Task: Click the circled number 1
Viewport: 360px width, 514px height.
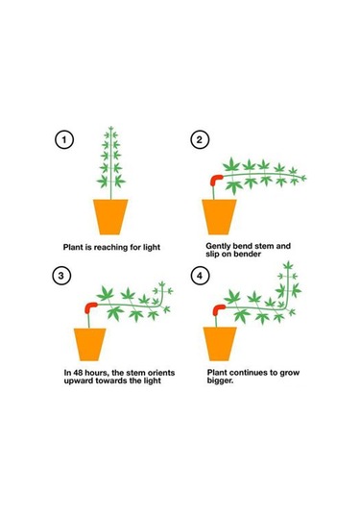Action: click(x=64, y=139)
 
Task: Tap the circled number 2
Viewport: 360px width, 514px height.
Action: click(x=200, y=139)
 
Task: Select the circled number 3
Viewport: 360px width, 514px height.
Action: click(x=61, y=276)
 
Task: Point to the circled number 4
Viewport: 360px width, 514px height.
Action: click(x=200, y=276)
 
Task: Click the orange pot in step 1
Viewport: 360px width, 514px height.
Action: click(x=110, y=217)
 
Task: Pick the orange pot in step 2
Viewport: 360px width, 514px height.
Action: click(x=219, y=217)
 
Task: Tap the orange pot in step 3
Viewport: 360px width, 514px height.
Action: click(x=89, y=344)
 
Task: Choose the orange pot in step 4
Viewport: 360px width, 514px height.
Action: click(x=220, y=344)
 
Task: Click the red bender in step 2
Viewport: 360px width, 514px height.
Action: click(x=215, y=179)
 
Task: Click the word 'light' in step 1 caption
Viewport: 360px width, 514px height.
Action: click(x=152, y=247)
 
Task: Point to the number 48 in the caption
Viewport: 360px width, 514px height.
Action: click(x=78, y=373)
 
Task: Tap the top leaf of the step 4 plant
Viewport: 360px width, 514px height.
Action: click(x=288, y=265)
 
